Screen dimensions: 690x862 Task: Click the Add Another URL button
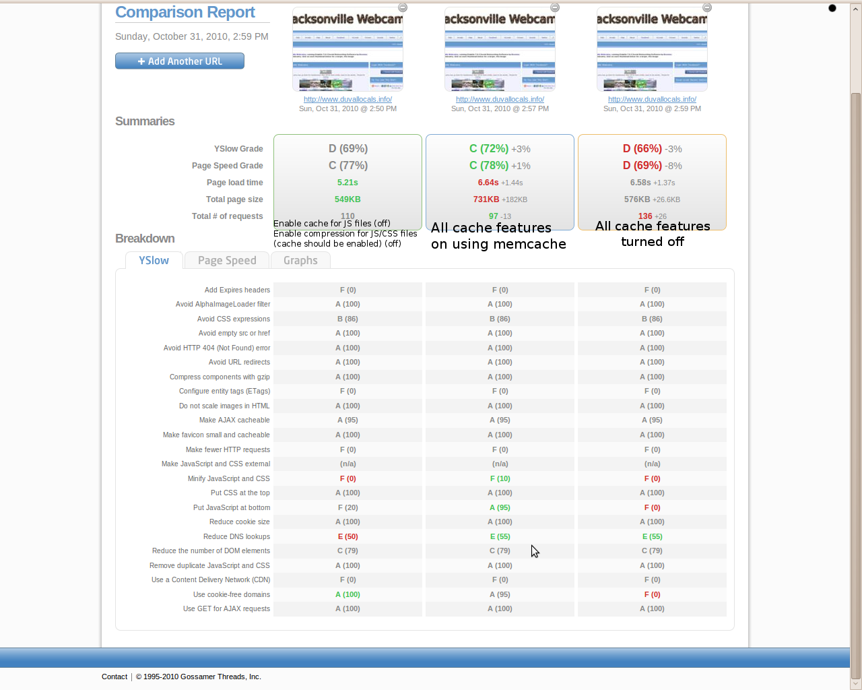tap(180, 61)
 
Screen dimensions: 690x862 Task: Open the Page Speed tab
tap(227, 261)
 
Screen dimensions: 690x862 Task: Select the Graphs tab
tap(300, 261)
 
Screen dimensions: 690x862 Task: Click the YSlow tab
tap(154, 261)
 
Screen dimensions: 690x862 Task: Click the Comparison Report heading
tap(185, 12)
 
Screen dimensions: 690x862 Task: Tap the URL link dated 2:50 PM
tap(347, 99)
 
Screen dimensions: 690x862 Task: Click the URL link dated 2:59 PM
tap(652, 99)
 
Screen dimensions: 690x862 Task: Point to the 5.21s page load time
tap(347, 183)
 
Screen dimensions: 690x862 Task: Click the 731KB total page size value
tap(486, 199)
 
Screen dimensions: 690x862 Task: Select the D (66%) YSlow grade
tap(642, 149)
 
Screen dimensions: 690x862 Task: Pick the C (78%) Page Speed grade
tap(490, 166)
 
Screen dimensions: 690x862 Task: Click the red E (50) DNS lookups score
tap(347, 536)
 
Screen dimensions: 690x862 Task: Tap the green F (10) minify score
tap(500, 478)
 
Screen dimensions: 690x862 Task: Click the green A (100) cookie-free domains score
tap(347, 594)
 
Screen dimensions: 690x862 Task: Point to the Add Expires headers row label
tap(237, 290)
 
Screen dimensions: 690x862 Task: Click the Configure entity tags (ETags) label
tap(224, 391)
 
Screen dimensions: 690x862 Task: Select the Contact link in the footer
tap(114, 677)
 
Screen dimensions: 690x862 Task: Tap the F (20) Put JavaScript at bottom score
tap(347, 507)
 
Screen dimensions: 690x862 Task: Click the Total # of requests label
tap(227, 216)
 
